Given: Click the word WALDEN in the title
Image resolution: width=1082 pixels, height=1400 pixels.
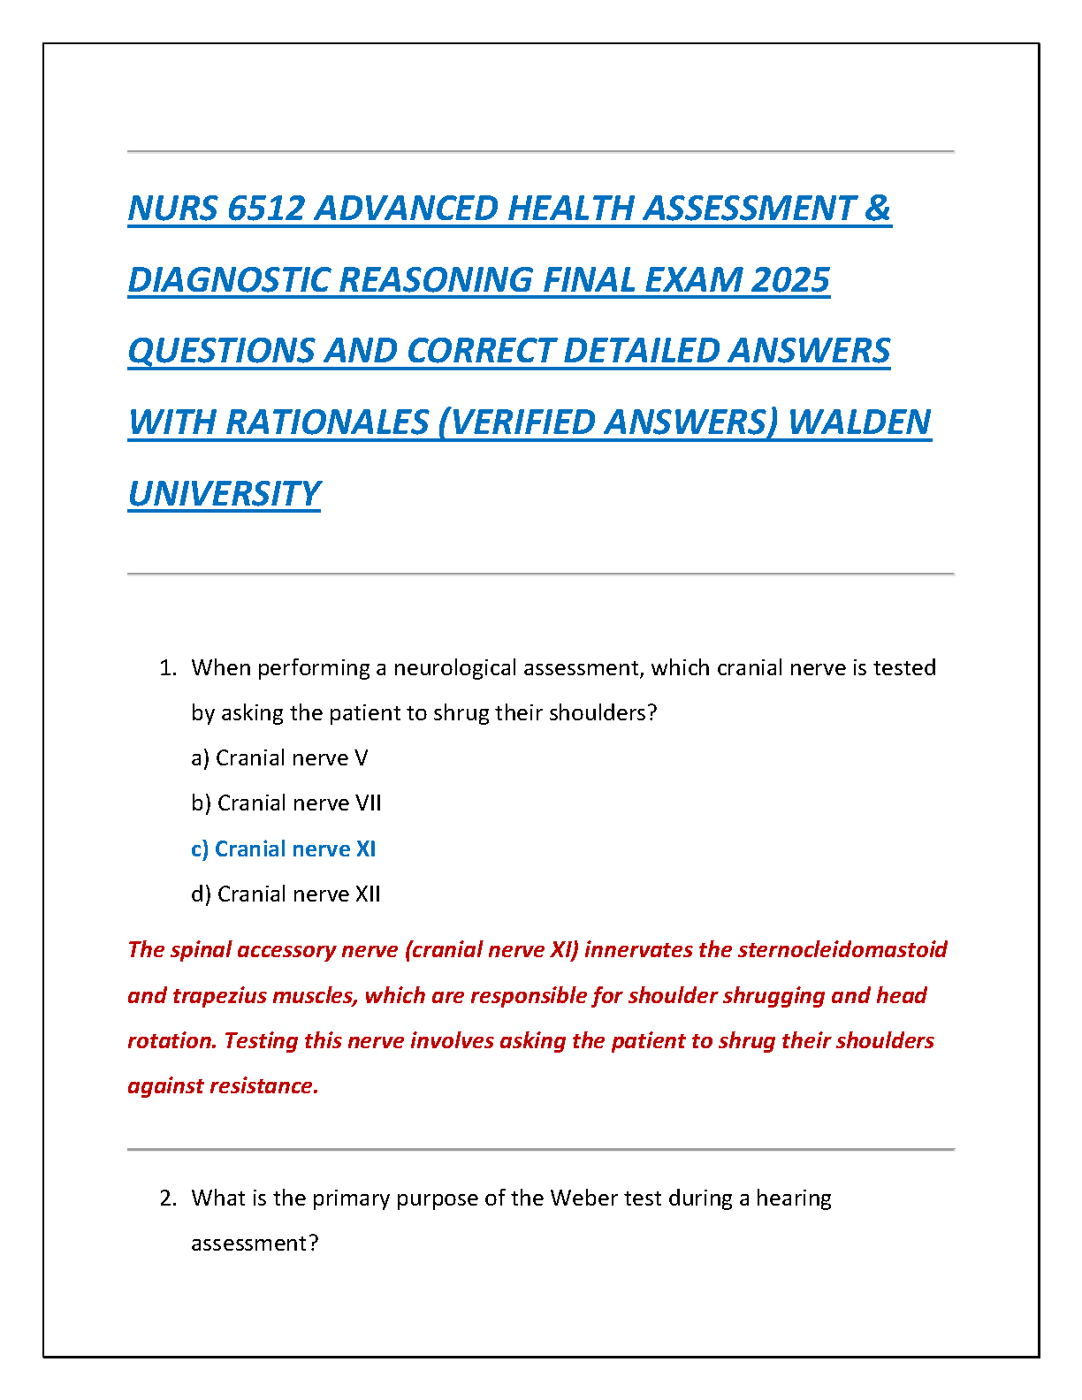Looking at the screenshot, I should pos(859,422).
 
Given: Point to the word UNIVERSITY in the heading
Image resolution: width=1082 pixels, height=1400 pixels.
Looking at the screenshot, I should pos(225,494).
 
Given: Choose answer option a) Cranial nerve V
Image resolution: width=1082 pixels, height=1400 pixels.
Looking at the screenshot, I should pos(279,758).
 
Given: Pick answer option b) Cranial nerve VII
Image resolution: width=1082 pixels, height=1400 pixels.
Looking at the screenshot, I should pos(286,803).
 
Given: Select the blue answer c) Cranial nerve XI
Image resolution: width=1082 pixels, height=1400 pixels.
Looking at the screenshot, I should pos(284,849).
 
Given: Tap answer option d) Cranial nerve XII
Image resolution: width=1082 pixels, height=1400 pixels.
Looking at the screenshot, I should pos(286,894).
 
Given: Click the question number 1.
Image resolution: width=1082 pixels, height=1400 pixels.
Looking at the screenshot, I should pos(168,668).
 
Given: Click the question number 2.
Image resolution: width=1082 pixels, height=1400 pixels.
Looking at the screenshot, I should pos(168,1198).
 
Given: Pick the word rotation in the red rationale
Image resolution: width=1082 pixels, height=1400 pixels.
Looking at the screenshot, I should pos(171,1041).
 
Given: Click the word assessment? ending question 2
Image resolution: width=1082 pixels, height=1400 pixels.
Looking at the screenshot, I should pos(255,1244).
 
